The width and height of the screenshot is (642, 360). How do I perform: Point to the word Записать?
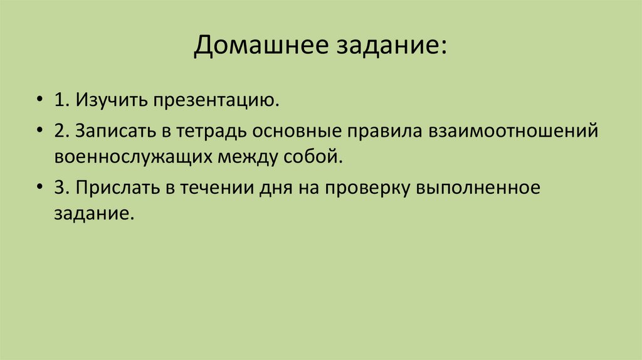(109, 132)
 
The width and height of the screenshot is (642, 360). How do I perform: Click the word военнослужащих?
(132, 156)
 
